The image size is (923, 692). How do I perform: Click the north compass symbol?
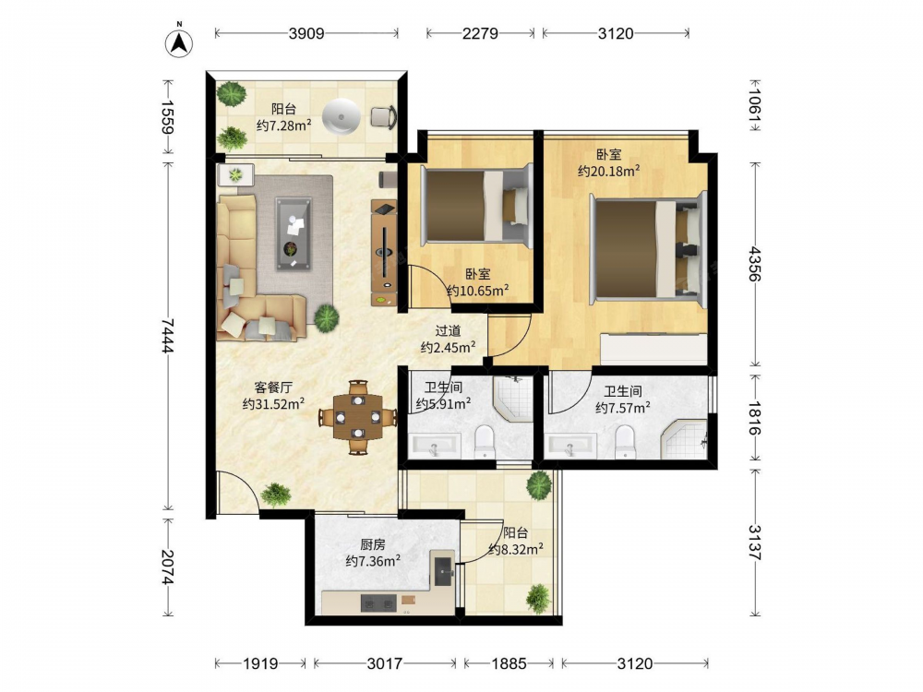179,42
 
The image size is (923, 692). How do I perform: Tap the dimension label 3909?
306,33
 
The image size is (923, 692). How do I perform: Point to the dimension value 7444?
168,336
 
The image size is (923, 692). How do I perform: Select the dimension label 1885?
509,663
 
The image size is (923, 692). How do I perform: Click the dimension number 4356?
755,264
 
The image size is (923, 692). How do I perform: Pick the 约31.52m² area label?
273,404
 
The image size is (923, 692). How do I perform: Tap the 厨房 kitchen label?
373,544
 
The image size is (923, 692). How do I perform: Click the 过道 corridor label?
448,331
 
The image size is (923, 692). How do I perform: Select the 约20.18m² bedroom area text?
608,172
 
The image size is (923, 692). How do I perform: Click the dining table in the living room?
357,417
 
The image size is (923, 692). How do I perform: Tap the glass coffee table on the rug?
294,233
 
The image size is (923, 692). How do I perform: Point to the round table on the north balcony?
341,116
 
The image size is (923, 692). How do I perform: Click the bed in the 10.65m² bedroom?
475,206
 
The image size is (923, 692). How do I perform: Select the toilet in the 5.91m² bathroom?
485,441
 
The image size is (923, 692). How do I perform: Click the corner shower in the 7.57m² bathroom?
684,439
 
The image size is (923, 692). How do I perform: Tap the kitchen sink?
443,568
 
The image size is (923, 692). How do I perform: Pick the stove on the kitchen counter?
378,603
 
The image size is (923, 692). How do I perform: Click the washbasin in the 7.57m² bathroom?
569,446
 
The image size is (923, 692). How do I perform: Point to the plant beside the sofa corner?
326,318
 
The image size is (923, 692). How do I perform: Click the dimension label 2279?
480,33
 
